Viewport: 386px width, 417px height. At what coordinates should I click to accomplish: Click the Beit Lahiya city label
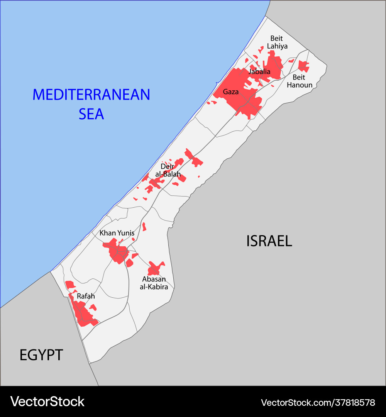pos(276,42)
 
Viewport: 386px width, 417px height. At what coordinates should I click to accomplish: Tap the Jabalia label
pos(259,71)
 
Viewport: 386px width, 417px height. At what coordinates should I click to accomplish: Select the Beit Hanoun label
pos(299,81)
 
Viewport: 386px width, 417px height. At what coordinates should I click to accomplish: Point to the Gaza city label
pos(231,92)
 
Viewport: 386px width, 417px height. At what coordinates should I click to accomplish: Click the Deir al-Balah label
pos(168,170)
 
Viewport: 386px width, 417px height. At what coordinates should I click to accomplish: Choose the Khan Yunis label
pos(117,233)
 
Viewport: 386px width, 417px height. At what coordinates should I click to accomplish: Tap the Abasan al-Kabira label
pos(154,283)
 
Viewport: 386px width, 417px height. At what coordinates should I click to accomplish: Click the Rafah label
pos(86,296)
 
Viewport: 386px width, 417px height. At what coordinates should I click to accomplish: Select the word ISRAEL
pos(269,241)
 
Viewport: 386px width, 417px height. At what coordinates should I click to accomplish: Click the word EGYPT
pos(41,355)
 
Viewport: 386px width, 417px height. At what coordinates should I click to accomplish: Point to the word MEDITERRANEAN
pos(91,95)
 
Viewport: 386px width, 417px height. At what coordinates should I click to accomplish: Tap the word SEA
pos(91,114)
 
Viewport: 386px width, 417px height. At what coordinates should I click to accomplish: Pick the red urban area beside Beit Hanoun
pos(303,66)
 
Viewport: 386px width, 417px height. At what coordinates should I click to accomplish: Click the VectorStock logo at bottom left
pos(47,402)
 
